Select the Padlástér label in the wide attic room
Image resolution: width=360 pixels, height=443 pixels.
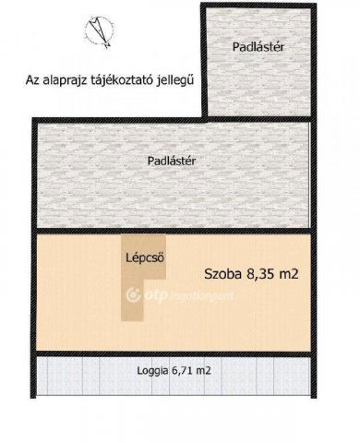pos(173,160)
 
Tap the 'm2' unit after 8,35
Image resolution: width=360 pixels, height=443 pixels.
pos(298,273)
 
